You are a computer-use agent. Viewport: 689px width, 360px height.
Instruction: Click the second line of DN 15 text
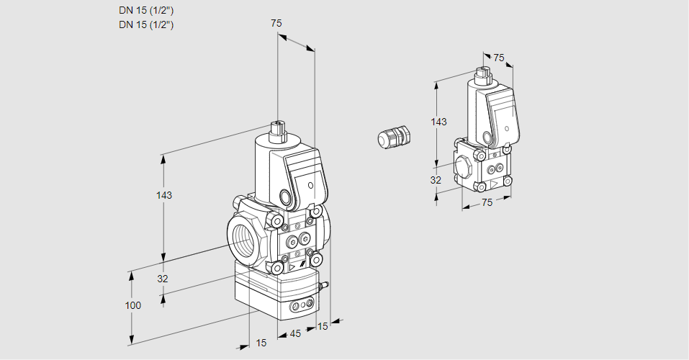point(146,25)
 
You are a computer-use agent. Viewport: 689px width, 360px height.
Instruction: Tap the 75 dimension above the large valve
point(276,24)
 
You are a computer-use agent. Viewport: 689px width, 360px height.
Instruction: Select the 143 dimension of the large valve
point(164,196)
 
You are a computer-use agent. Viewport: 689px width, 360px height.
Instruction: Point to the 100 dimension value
point(132,305)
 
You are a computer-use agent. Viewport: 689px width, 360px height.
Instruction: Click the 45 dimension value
point(295,333)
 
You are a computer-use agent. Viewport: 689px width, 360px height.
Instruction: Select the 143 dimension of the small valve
point(438,122)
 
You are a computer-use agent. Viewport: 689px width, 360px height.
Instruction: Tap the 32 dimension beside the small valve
point(436,180)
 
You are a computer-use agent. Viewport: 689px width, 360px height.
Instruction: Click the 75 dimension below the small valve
point(487,203)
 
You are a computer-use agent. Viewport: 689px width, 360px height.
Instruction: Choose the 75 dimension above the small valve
point(499,58)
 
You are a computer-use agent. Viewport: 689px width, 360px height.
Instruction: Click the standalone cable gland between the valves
point(395,137)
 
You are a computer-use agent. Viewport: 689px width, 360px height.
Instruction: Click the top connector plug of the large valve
point(278,131)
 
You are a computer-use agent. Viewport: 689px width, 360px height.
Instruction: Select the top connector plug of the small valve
point(482,73)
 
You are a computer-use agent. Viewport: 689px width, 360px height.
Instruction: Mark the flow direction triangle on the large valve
point(292,268)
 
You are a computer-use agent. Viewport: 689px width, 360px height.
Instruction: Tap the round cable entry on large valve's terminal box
point(286,197)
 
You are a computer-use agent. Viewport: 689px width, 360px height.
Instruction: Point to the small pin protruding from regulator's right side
point(324,287)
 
